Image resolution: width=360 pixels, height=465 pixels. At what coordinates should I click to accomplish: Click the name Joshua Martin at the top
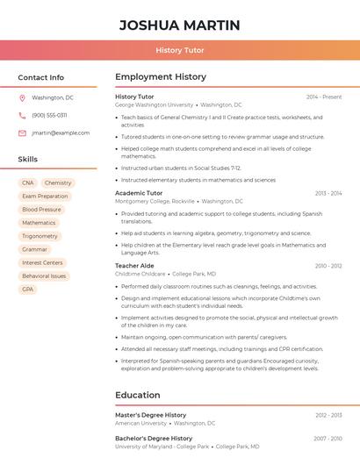179,25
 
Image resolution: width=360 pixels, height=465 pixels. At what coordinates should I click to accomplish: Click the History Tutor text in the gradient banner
179,51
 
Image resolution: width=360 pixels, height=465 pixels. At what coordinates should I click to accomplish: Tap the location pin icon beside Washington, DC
22,97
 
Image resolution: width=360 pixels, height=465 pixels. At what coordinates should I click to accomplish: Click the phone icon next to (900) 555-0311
22,115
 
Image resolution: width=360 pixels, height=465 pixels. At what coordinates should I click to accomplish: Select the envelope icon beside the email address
22,133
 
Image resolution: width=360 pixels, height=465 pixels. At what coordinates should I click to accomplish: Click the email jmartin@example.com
61,133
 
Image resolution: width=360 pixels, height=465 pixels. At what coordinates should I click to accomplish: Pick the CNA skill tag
27,183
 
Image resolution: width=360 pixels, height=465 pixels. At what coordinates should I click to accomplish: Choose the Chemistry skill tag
58,183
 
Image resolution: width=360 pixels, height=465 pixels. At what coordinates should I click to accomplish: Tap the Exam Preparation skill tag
45,197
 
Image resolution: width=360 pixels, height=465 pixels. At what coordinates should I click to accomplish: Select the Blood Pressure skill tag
41,210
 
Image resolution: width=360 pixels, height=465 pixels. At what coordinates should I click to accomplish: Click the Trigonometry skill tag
40,236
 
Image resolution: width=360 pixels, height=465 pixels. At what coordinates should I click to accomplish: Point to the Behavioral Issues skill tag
44,275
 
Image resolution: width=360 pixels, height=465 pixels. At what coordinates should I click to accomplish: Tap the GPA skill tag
28,289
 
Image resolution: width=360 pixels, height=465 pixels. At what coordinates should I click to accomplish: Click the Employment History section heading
161,77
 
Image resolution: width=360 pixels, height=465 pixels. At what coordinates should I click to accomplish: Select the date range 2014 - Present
324,97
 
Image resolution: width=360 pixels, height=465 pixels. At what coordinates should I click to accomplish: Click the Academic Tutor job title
139,193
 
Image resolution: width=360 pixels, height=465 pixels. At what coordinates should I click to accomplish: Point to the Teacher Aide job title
134,266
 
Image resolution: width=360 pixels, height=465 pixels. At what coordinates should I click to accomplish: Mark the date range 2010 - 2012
328,266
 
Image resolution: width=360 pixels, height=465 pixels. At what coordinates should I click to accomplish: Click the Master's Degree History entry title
151,415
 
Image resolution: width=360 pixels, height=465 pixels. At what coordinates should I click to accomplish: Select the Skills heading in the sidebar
28,160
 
